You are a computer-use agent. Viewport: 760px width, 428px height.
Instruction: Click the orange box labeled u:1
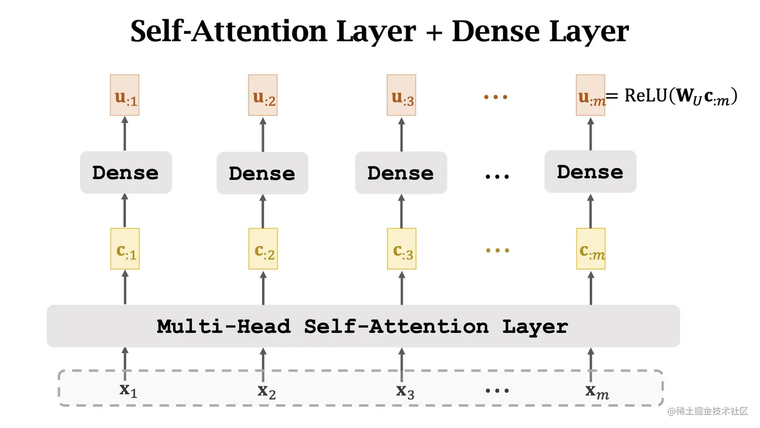[125, 96]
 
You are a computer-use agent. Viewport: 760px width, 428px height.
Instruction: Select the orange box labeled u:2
[263, 96]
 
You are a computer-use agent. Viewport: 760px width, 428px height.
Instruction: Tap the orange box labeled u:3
[401, 96]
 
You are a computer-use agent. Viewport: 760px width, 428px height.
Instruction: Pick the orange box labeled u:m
[590, 96]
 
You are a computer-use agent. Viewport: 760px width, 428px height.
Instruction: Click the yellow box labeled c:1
[125, 249]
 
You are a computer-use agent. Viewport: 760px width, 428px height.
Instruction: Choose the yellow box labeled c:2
[263, 249]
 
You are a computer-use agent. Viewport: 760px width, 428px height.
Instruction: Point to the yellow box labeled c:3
[402, 249]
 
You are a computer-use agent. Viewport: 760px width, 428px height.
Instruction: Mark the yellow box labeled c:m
[591, 249]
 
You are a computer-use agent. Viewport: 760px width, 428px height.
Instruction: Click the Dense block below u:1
[126, 173]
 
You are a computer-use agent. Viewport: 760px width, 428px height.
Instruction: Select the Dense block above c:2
[262, 174]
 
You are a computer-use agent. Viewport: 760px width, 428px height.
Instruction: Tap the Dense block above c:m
[590, 172]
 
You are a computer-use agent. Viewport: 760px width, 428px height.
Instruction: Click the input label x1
[128, 390]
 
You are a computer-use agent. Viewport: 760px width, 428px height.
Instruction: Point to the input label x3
[405, 391]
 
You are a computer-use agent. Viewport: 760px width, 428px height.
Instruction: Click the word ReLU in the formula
[645, 95]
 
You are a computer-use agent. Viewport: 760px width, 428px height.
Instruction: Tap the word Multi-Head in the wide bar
[224, 326]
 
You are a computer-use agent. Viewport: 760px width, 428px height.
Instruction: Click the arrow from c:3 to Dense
[401, 211]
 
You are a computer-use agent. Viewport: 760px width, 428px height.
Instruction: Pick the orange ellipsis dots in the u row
[496, 97]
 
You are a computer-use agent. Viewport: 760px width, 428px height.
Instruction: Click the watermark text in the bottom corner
[708, 411]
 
